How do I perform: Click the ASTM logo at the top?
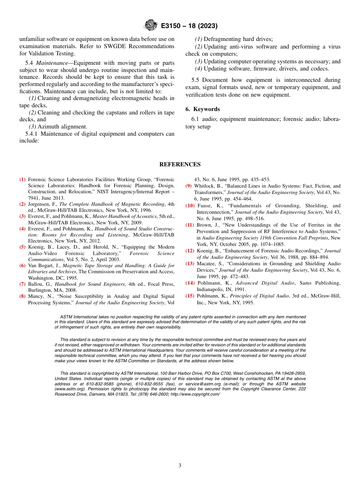(x=151, y=26)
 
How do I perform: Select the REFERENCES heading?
(x=180, y=164)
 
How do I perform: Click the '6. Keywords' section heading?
(x=203, y=109)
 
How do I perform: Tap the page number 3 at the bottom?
(x=180, y=466)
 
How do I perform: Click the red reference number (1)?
(x=23, y=180)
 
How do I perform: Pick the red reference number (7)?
(x=23, y=284)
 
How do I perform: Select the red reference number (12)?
(x=190, y=251)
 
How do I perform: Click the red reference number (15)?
(x=190, y=296)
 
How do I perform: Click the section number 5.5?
(x=196, y=80)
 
